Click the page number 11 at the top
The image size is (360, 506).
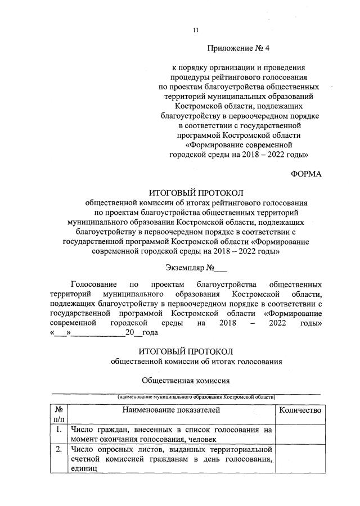coord(195,30)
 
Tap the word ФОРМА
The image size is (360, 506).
coord(306,174)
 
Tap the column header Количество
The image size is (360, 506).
coord(300,410)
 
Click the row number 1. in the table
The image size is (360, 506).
coord(59,430)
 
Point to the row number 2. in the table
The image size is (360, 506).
coord(59,450)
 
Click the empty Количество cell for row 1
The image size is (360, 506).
coord(300,435)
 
